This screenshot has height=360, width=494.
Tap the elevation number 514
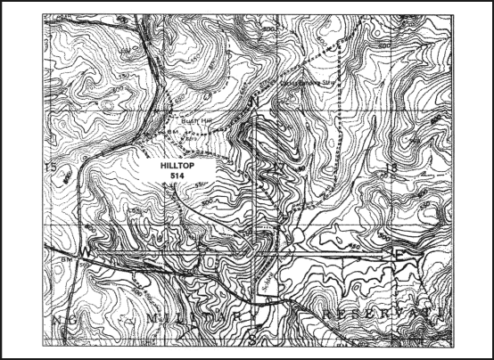pos(176,176)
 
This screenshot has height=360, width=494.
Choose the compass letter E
pos(399,255)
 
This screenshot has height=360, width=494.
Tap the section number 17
pos(279,167)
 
